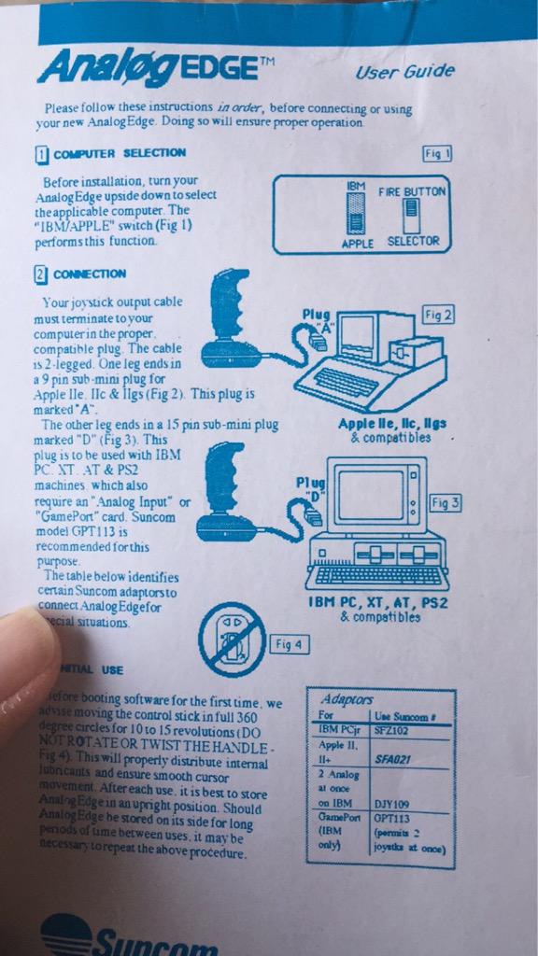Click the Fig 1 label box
(437, 153)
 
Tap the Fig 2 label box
(437, 315)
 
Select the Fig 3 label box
(446, 502)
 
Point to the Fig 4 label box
(289, 644)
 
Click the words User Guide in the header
(404, 71)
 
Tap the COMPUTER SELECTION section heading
(119, 153)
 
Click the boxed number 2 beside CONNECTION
(41, 274)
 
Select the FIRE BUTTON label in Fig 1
(412, 191)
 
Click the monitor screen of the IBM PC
(368, 495)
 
